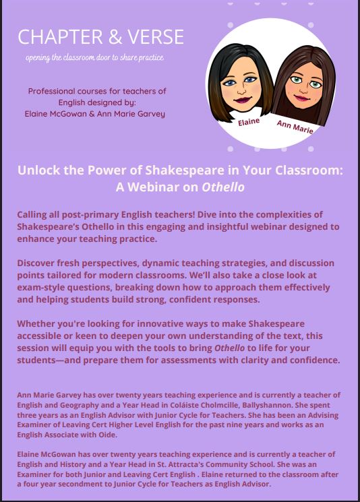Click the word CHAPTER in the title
click(x=60, y=36)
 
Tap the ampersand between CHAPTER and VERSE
click(x=115, y=36)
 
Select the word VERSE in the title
click(x=156, y=36)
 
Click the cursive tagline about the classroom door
click(x=95, y=58)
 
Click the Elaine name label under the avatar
click(x=249, y=121)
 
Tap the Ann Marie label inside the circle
click(x=295, y=127)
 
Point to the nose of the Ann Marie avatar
click(x=303, y=89)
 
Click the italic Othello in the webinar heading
click(x=223, y=187)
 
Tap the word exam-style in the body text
click(x=39, y=287)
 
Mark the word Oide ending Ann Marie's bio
click(x=108, y=435)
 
